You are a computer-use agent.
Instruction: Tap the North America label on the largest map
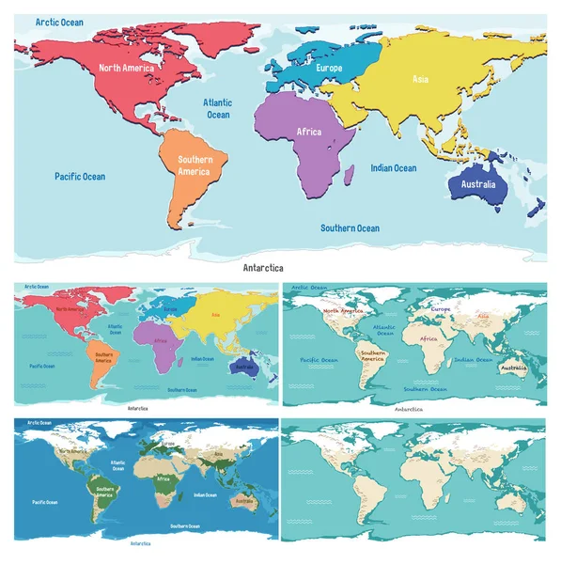(x=127, y=68)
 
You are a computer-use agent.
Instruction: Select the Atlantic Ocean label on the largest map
(x=218, y=108)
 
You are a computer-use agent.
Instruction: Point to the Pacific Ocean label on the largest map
(x=80, y=177)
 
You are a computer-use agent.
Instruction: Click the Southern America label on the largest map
(x=195, y=165)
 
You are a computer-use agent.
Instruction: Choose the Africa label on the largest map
(x=308, y=132)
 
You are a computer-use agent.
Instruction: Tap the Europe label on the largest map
(x=329, y=69)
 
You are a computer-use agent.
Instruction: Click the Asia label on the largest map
(x=420, y=80)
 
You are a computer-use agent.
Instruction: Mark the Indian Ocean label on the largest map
(x=393, y=168)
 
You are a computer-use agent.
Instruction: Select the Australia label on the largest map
(x=477, y=184)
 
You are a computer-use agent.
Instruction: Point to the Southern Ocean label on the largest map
(x=350, y=228)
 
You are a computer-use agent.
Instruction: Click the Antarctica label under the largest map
(x=262, y=268)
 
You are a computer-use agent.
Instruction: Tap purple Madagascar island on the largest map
(x=349, y=172)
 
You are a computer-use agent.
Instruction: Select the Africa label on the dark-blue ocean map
(x=163, y=478)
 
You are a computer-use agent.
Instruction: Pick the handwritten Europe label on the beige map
(x=441, y=307)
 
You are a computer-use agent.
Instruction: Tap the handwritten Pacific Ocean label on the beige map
(x=319, y=359)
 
